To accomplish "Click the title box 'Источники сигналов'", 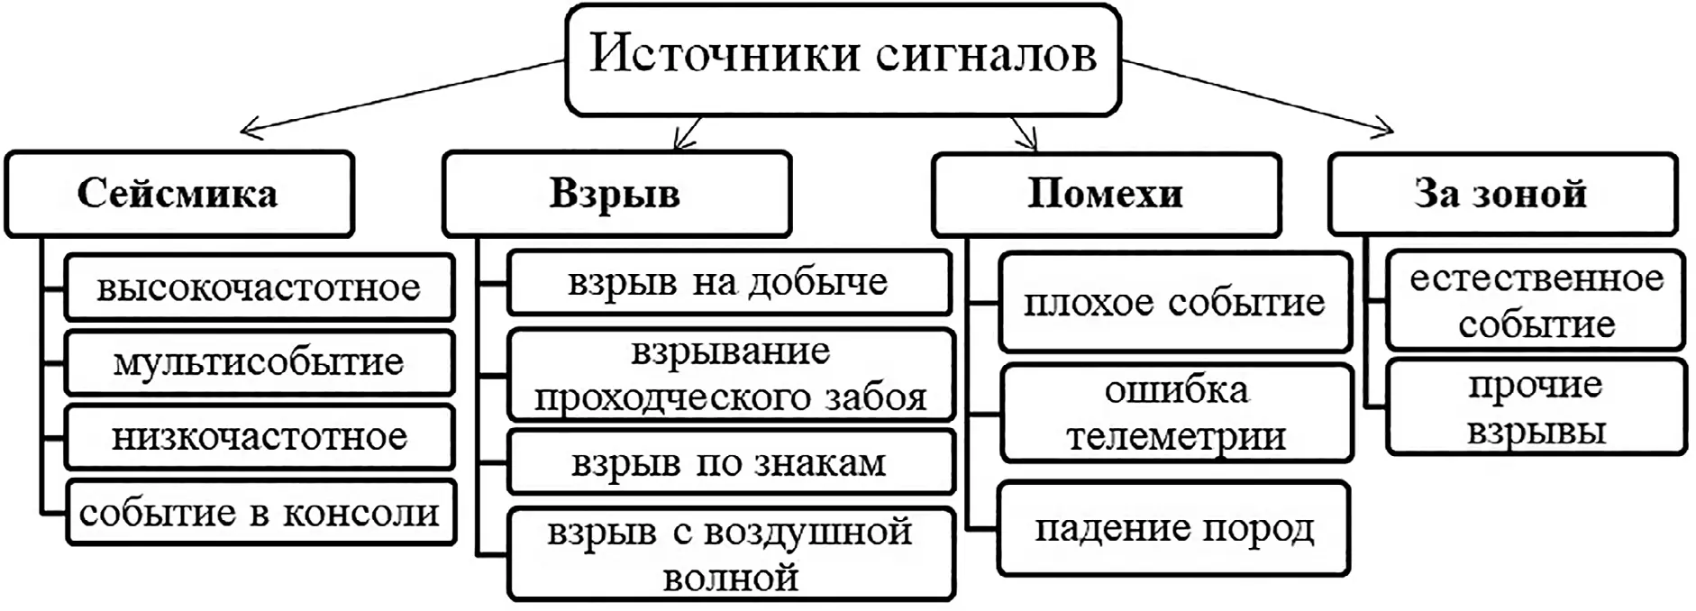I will tap(843, 59).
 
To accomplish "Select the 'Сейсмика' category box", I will tap(178, 194).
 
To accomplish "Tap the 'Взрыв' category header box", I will tap(615, 194).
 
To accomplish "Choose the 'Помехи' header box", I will tap(1106, 194).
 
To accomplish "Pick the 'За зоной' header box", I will tap(1502, 194).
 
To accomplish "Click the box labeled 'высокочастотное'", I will tap(259, 287).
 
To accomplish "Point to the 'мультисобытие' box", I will tap(259, 362).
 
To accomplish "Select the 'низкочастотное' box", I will tap(259, 437).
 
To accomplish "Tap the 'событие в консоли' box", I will tap(259, 513).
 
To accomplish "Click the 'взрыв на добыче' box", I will tap(728, 283).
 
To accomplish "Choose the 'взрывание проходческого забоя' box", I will tap(730, 375).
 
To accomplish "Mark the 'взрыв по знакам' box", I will tap(730, 463).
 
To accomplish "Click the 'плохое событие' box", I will tap(1174, 303).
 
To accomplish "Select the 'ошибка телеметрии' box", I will tap(1177, 413).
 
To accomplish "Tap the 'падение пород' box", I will tap(1174, 529).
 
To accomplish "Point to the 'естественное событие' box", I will tap(1536, 301).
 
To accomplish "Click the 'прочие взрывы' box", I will tap(1536, 407).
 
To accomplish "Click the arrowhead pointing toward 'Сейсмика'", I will tap(247, 131).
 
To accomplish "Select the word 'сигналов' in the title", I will tap(986, 55).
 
